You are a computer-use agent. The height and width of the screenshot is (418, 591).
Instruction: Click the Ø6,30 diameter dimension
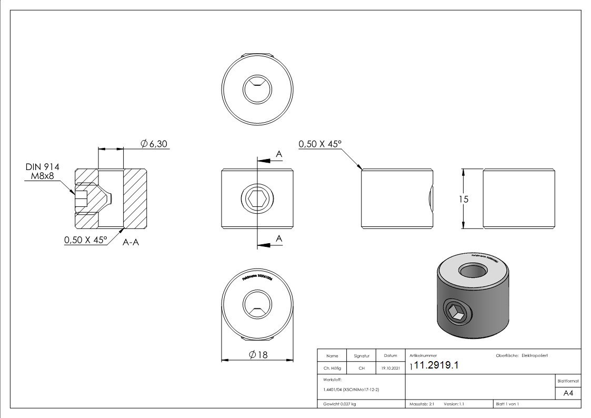tap(154, 144)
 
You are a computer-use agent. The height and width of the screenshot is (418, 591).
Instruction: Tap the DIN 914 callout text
tap(42, 167)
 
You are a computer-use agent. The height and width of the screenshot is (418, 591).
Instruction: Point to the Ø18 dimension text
tap(258, 355)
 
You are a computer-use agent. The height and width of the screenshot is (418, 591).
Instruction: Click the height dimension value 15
tap(464, 200)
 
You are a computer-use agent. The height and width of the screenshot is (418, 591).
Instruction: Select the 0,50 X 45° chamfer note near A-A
tap(85, 240)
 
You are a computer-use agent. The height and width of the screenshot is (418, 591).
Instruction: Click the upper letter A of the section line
tap(279, 154)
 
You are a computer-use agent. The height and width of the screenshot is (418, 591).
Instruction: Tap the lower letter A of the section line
tap(279, 239)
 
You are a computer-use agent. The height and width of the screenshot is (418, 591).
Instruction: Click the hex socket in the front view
tap(257, 200)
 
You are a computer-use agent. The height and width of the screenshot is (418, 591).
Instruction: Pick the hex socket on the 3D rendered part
tap(456, 313)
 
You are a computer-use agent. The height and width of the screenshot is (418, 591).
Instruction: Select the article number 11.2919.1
tap(436, 366)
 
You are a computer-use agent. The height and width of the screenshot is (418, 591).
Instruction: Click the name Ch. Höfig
tap(332, 369)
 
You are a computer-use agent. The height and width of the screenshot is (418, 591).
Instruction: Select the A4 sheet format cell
tap(568, 393)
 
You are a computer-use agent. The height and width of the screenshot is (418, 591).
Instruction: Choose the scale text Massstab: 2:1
tap(422, 404)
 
